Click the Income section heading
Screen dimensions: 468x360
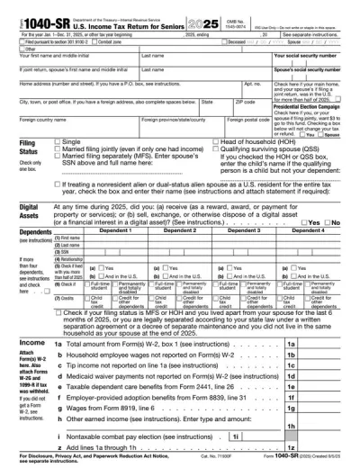(21, 344)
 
